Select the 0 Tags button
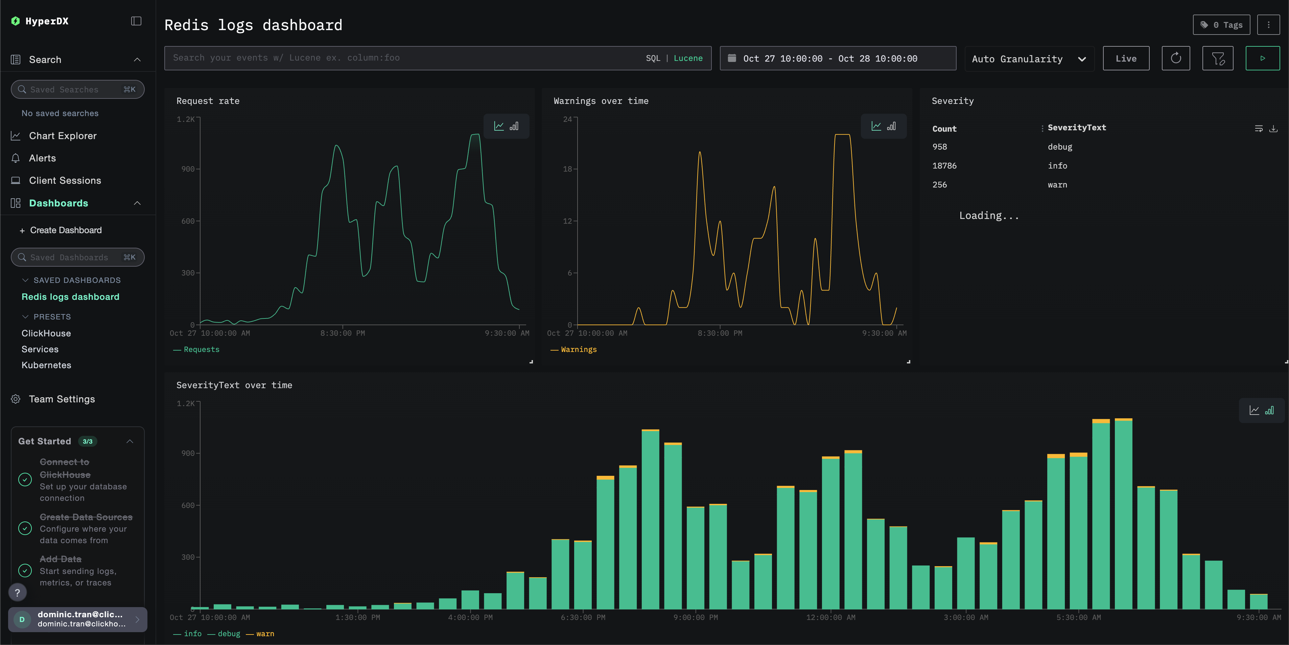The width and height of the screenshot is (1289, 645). coord(1221,25)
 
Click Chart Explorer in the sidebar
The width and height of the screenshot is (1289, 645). coord(63,136)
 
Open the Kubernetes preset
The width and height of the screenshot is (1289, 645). coord(46,365)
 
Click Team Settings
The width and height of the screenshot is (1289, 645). coord(62,399)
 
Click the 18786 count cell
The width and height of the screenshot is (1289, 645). coord(944,166)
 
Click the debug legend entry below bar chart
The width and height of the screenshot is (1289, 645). coord(229,633)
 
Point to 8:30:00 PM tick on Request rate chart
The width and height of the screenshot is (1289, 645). coord(342,333)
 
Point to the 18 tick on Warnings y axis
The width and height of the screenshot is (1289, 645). coord(567,169)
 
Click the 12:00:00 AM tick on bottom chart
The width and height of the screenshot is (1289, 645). coord(830,618)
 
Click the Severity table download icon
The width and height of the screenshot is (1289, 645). coord(1273,129)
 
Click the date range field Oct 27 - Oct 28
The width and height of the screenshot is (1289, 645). coord(837,59)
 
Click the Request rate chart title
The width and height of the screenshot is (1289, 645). coord(208,101)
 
